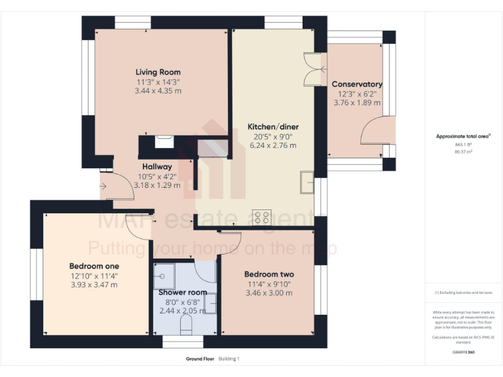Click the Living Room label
coord(158,72)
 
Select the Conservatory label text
coord(357,84)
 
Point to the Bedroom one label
coord(94,266)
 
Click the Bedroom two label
coord(269,274)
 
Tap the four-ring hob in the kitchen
coord(263,217)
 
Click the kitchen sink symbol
coord(306,183)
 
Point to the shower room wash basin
coord(210,302)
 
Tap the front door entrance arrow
coord(103,187)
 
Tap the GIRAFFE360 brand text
coord(464,352)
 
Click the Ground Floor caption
coord(200,359)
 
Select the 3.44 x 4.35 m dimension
coord(158,91)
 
